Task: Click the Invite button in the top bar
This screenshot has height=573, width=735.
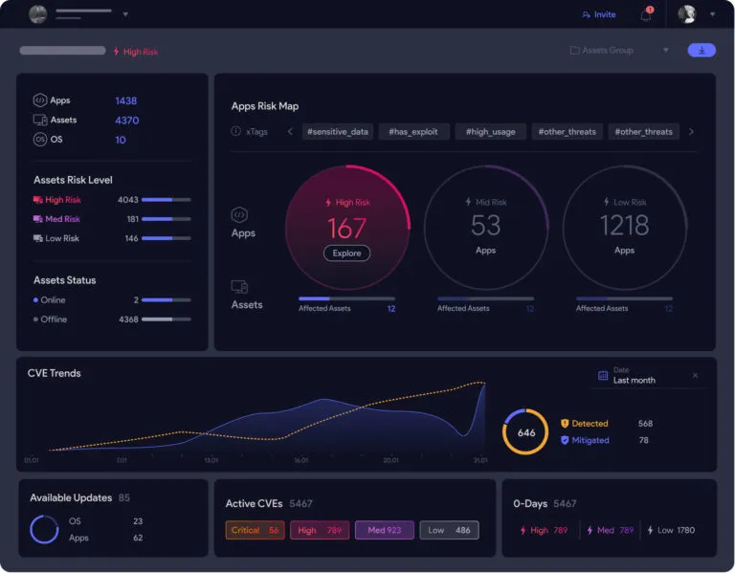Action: click(x=599, y=14)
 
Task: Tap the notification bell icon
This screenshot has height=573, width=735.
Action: click(x=646, y=15)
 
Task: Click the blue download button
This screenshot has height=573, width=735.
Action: click(x=701, y=50)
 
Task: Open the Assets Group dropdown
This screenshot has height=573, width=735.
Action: click(x=619, y=50)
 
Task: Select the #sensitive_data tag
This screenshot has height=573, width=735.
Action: click(x=336, y=131)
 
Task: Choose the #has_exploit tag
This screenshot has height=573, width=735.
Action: click(x=412, y=131)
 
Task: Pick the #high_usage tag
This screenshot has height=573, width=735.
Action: click(x=490, y=131)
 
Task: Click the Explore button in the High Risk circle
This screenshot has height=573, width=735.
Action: click(x=346, y=253)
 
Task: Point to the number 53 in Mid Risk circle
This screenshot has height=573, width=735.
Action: click(x=485, y=226)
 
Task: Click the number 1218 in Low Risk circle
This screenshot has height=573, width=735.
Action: click(x=624, y=226)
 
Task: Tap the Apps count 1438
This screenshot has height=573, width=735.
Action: click(x=126, y=100)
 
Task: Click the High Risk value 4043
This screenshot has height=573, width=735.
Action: click(x=127, y=200)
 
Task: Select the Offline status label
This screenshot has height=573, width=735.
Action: click(x=54, y=320)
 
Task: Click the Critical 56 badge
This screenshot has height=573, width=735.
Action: click(x=255, y=530)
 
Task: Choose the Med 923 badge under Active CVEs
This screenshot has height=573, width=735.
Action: click(x=384, y=530)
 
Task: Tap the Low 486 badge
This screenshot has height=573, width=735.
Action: click(x=449, y=530)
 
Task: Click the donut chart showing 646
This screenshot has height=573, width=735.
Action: click(x=525, y=432)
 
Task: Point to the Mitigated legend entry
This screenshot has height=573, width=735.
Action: click(x=590, y=440)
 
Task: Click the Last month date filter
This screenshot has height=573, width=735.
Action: click(x=634, y=380)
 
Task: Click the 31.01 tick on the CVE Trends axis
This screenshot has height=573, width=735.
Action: click(x=479, y=460)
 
